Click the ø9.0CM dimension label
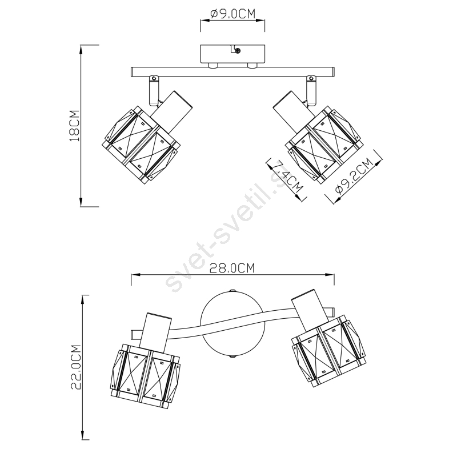tap(232, 14)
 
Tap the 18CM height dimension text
tap(74, 126)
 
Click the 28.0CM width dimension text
tap(232, 268)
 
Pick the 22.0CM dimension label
tap(76, 367)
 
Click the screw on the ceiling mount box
tap(238, 51)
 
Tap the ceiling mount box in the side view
tap(232, 54)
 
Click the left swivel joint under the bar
tap(154, 90)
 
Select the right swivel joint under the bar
tap(311, 90)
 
